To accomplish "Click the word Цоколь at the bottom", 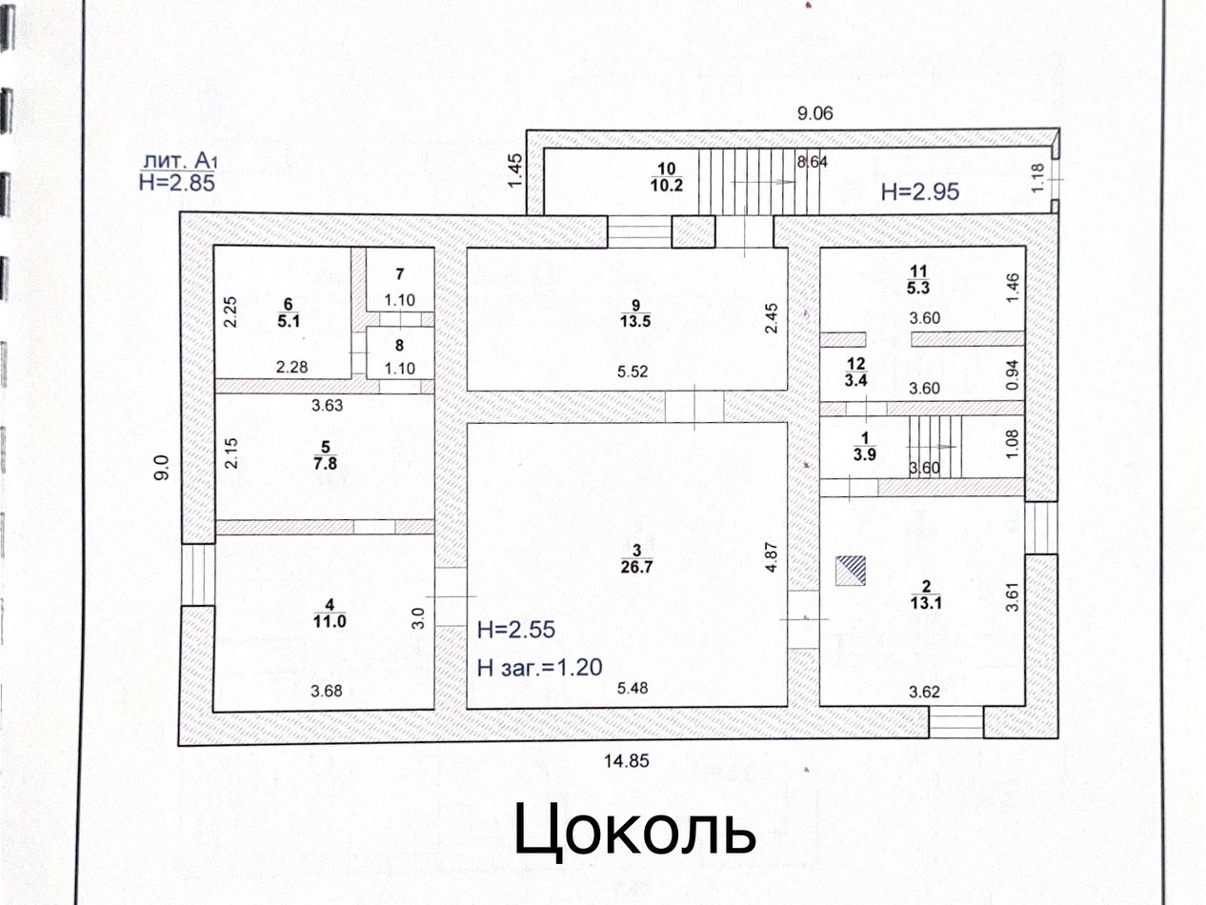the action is (635, 829).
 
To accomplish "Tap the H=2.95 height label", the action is (919, 191).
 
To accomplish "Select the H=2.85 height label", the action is (177, 183).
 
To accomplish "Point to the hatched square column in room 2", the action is (853, 571).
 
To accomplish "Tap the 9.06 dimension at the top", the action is (814, 113).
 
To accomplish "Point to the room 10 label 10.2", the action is (667, 186).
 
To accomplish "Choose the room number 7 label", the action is (400, 274).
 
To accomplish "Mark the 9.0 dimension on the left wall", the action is (163, 470).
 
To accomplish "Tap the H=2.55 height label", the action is (515, 630).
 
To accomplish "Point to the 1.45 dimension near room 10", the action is (517, 170).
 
